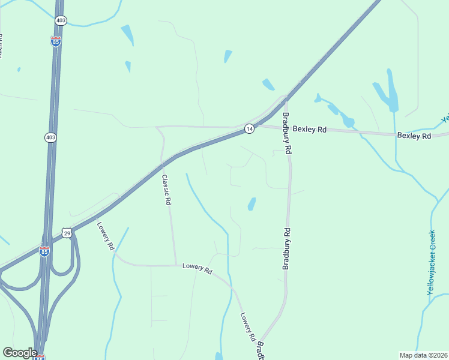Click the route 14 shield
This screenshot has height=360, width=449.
[249, 128]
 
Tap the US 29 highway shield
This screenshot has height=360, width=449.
[67, 233]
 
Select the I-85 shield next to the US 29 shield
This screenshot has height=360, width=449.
[44, 251]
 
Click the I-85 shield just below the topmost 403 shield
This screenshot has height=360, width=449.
[56, 41]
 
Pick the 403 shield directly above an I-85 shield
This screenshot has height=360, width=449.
[61, 20]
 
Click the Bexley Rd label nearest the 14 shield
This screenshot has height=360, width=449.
[309, 129]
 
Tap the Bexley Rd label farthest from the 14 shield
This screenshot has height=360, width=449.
[414, 136]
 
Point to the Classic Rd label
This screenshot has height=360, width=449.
[166, 190]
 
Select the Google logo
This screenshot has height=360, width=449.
[20, 352]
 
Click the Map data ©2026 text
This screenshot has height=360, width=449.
[423, 355]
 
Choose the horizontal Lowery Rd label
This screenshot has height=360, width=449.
[197, 269]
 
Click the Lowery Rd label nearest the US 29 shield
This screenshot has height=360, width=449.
[106, 236]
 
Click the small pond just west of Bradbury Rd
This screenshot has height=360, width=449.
[252, 204]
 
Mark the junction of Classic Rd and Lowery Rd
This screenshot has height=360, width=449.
[176, 265]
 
